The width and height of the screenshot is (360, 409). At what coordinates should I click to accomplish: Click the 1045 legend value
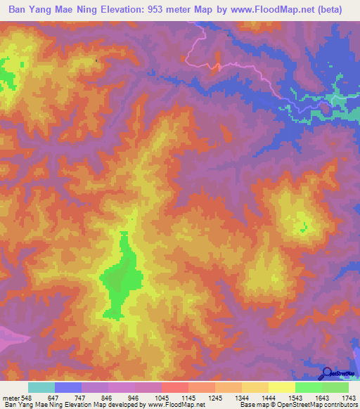[148, 397]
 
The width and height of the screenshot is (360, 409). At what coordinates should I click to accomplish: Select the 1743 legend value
[347, 397]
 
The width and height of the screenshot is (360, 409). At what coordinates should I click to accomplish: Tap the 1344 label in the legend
[229, 397]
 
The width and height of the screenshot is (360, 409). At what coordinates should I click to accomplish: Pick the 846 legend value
[96, 397]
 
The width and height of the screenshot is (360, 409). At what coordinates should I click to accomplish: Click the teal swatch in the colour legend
[41, 387]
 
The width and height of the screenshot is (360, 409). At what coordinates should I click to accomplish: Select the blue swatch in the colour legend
[68, 387]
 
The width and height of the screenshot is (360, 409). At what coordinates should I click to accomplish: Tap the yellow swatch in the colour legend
[281, 387]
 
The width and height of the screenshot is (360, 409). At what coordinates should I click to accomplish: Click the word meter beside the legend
[10, 397]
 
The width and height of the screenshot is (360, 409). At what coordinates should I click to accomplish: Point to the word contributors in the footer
[340, 405]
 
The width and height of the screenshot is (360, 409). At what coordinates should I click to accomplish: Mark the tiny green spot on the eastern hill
[304, 226]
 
